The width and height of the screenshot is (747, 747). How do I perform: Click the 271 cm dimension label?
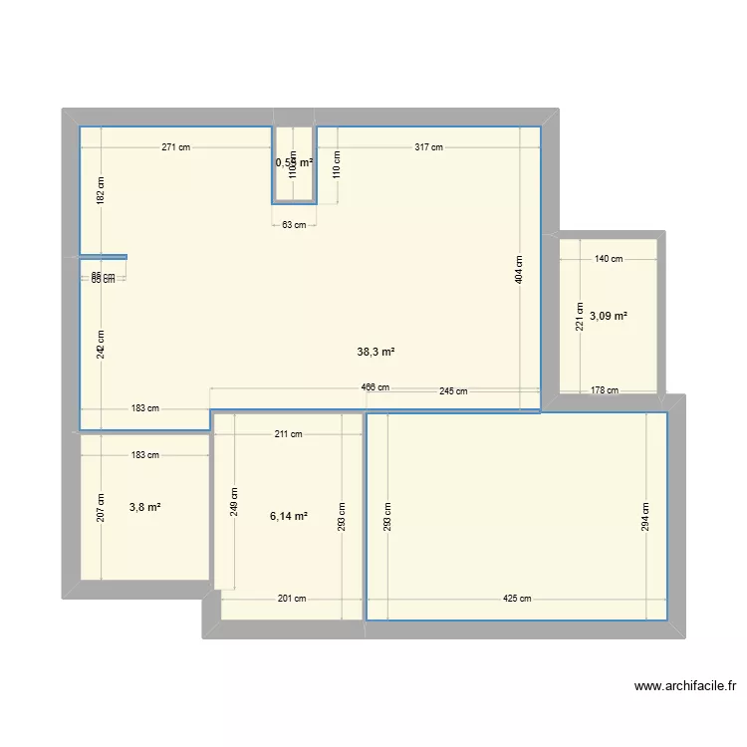pos(176,147)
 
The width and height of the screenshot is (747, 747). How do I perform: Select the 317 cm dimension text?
pos(429,147)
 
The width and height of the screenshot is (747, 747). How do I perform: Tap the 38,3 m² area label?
pos(376,352)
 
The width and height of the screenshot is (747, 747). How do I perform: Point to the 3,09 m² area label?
pos(609,316)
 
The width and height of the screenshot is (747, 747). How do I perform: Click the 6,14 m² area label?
pos(289,516)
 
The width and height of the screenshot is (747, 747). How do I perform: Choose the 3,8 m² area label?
pos(145,507)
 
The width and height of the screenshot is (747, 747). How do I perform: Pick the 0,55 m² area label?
pos(294,161)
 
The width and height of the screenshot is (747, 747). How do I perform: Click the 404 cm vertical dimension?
pos(519,270)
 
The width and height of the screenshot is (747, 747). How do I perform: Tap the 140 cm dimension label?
pos(609,259)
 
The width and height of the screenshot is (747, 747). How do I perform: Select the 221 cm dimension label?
pos(576,316)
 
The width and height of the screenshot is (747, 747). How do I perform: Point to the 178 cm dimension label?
pos(605,391)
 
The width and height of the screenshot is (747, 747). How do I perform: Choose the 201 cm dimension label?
pos(292,599)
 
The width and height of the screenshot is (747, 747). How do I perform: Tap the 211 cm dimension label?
pos(289,433)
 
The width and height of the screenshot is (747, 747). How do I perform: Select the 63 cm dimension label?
pos(294,225)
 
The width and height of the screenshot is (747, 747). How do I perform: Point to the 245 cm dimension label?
pos(453,391)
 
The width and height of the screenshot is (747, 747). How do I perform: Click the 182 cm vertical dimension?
pos(100,189)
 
